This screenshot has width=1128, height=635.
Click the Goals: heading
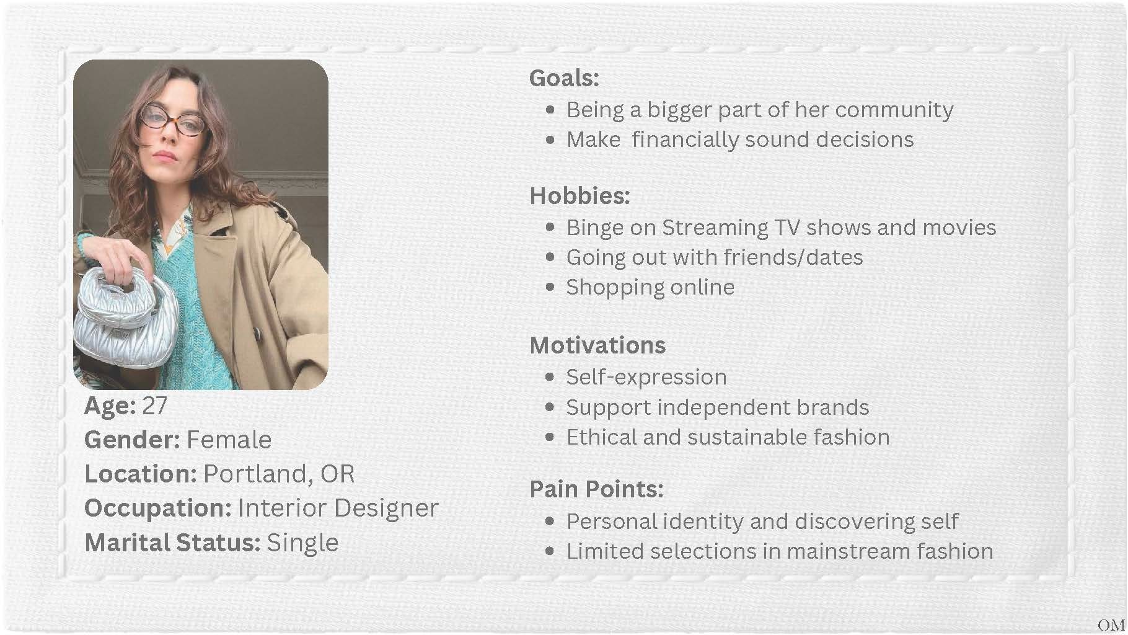pos(564,78)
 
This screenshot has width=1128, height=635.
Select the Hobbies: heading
pos(579,196)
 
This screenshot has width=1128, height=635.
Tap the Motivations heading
pos(597,345)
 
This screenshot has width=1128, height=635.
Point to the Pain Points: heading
pos(596,489)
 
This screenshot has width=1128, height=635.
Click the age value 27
pos(154,406)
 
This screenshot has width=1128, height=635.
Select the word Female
pos(229,440)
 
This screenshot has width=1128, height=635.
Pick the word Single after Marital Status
pos(302,543)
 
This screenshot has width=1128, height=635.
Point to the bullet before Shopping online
pos(550,288)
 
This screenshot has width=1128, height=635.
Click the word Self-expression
pos(646,378)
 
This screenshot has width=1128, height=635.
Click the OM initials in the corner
pos(1110,625)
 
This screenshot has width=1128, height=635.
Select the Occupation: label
pos(158,508)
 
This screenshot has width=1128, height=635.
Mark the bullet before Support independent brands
pos(550,407)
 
